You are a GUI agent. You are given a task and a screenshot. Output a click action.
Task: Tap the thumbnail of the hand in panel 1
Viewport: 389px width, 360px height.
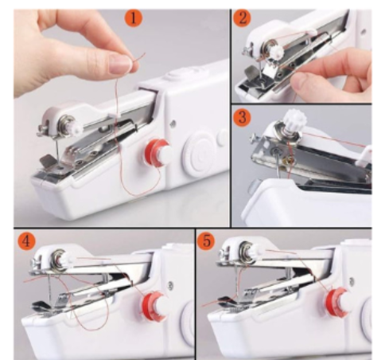point(121,63)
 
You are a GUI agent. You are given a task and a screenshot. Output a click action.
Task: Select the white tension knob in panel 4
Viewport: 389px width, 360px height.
point(60,256)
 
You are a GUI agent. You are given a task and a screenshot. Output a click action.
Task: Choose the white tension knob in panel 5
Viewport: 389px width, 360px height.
point(246,254)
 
